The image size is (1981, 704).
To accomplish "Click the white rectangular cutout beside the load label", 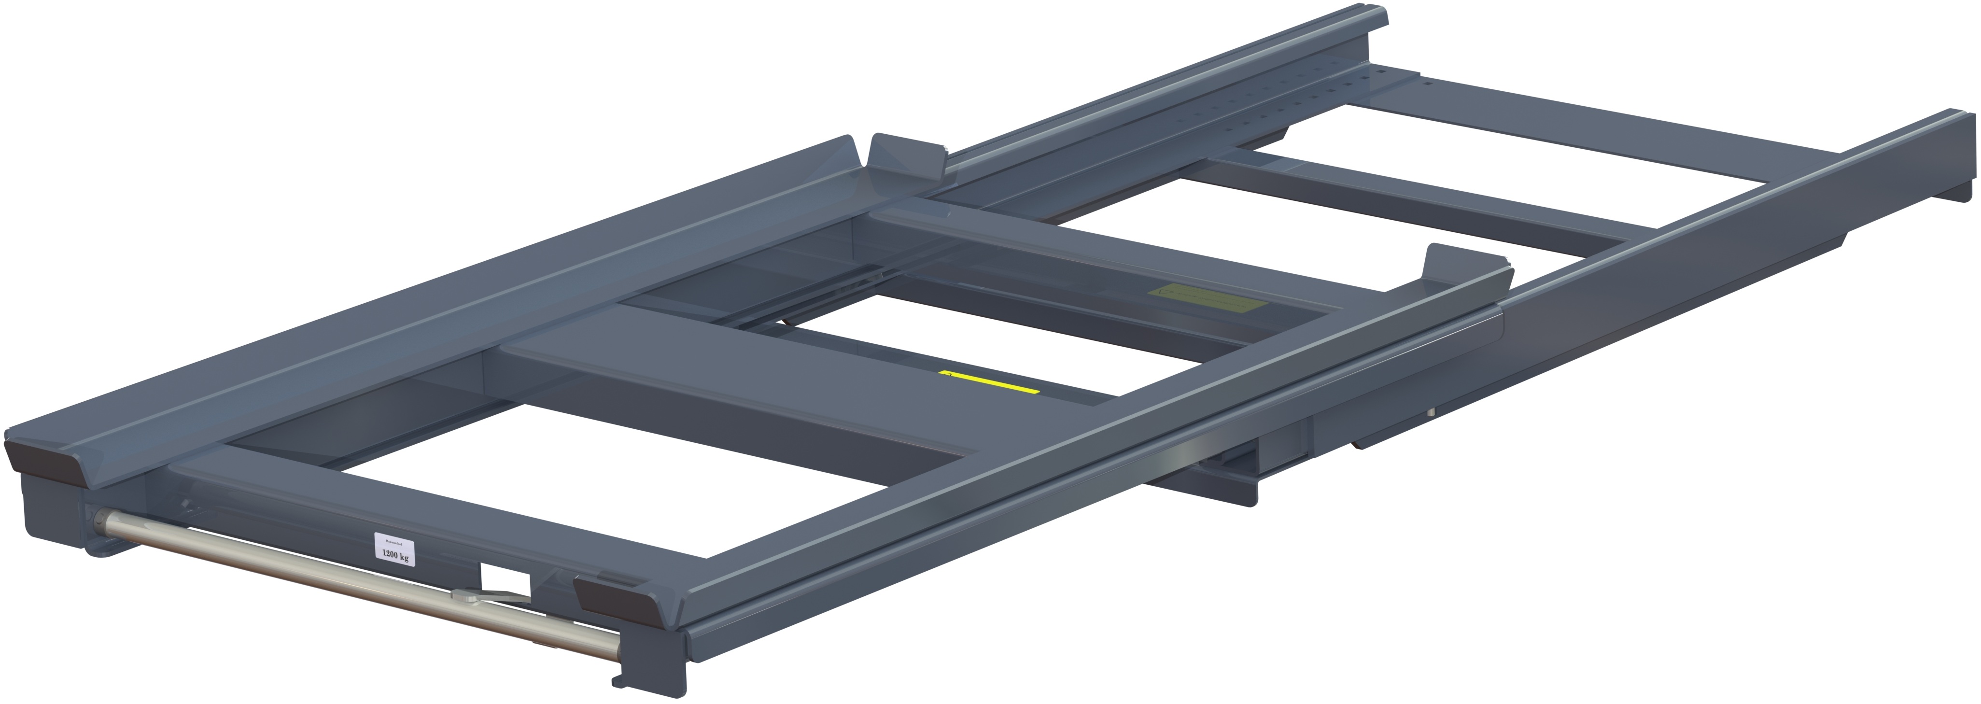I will point(505,582).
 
